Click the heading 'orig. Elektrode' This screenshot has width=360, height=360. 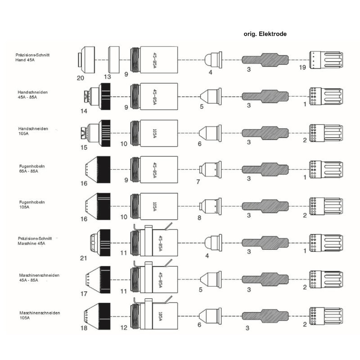click(x=265, y=34)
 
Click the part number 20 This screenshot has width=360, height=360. click(x=81, y=78)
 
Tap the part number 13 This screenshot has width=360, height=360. click(x=107, y=77)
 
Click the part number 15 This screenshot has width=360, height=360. click(x=84, y=147)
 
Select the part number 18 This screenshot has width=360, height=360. click(x=83, y=328)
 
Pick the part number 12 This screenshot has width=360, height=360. click(x=124, y=328)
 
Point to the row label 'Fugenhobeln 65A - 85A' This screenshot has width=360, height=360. click(x=31, y=169)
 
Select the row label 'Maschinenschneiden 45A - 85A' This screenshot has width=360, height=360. click(x=40, y=277)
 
